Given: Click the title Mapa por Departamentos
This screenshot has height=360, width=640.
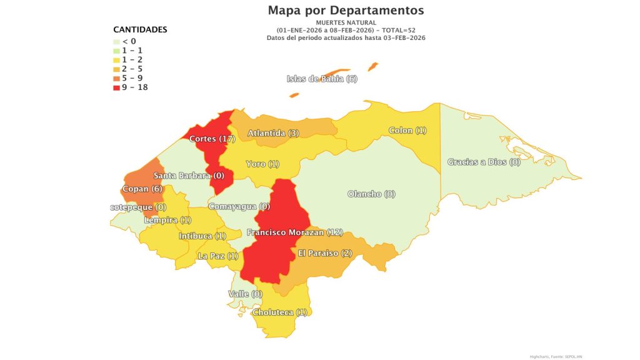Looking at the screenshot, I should click(346, 11).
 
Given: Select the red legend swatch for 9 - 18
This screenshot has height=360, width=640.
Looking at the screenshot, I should click(117, 87).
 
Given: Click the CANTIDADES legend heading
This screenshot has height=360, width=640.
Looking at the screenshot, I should click(140, 29).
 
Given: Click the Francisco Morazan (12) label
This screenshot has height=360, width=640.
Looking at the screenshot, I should click(295, 232).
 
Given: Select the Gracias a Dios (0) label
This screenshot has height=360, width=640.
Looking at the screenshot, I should click(484, 162).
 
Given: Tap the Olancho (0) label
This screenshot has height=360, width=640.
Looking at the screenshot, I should click(371, 194).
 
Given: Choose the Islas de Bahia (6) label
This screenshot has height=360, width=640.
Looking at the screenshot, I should click(322, 79).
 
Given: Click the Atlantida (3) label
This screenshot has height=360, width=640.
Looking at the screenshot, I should click(273, 133).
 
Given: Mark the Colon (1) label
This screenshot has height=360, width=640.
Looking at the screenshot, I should click(407, 131).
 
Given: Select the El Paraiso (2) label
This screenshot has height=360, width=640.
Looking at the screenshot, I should click(325, 253).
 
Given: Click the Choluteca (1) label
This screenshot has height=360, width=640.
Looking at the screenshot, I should click(279, 312).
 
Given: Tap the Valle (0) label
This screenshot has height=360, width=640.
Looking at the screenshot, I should click(245, 294).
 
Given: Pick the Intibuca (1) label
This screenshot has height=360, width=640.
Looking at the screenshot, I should click(202, 236).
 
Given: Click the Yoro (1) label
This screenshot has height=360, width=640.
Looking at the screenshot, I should click(262, 164).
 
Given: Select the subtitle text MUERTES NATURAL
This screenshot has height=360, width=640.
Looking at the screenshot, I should click(346, 22).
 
